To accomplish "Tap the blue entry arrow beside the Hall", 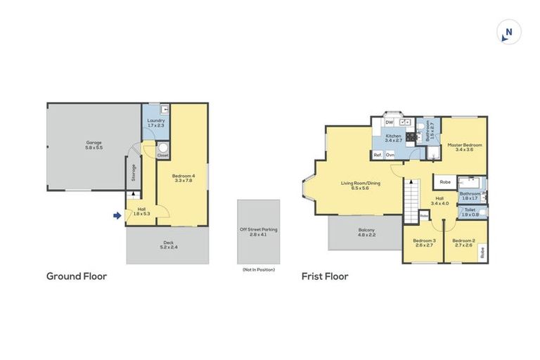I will point(117,216).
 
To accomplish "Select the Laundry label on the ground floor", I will point(155,120).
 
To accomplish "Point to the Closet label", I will point(162,155).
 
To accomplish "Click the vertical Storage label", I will point(133,172).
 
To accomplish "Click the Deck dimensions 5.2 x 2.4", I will point(167,247).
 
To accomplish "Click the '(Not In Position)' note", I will point(258,269).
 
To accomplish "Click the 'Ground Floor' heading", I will point(77,276).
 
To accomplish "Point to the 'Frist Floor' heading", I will point(325,276).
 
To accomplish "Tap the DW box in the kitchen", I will point(389,122).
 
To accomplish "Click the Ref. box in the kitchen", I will point(378,155).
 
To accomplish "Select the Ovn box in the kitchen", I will point(390,155).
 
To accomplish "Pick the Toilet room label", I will point(470,210).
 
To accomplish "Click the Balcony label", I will point(366,230).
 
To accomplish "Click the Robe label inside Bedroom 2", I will point(482,252).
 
